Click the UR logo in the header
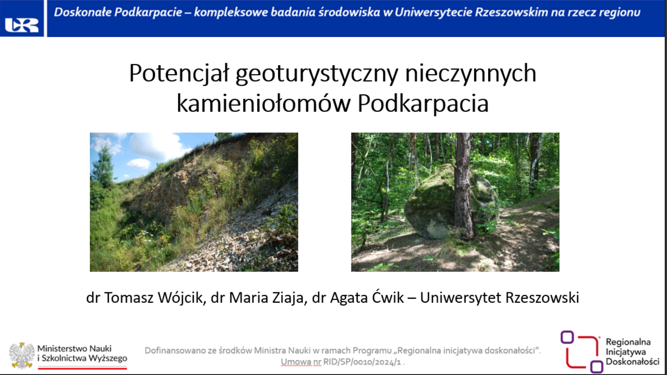[x=22, y=25]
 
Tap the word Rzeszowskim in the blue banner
[x=512, y=12]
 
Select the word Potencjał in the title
[x=179, y=73]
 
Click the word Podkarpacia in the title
[x=423, y=104]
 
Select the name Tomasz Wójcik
[x=154, y=298]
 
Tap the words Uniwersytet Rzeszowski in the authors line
[x=499, y=298]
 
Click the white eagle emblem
[x=21, y=355]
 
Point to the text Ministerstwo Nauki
[x=75, y=348]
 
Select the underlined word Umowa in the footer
[x=301, y=362]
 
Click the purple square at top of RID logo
[x=567, y=337]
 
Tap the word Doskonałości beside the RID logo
[x=633, y=361]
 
